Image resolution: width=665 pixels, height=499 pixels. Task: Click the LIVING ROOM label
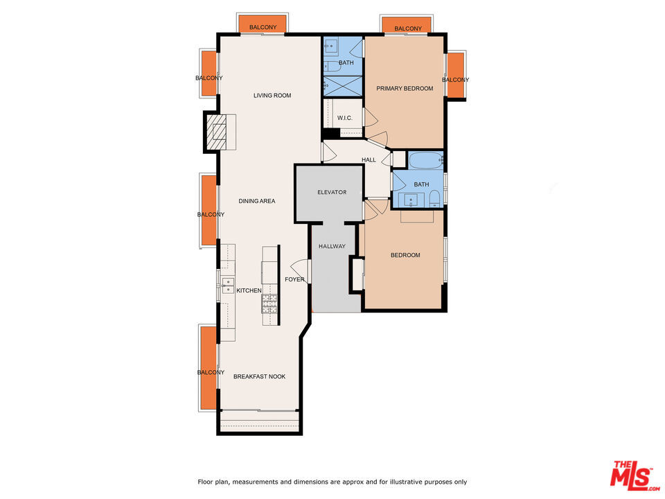click(x=272, y=96)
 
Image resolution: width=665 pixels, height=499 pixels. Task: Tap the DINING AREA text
click(x=257, y=201)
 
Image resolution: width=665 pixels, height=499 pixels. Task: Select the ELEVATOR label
click(x=332, y=192)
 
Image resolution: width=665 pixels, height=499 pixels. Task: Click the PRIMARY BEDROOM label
click(x=405, y=89)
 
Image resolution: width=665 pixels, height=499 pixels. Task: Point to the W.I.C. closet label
click(x=345, y=118)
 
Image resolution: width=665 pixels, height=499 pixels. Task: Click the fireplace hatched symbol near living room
click(x=219, y=131)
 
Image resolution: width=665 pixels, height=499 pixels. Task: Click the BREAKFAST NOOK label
click(x=259, y=376)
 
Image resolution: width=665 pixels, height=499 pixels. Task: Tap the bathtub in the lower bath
click(x=425, y=161)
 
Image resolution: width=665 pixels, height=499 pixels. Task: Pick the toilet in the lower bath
click(x=434, y=201)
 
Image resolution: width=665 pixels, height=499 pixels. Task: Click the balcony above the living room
click(x=263, y=24)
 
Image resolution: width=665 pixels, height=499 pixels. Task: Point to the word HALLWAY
click(x=332, y=246)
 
